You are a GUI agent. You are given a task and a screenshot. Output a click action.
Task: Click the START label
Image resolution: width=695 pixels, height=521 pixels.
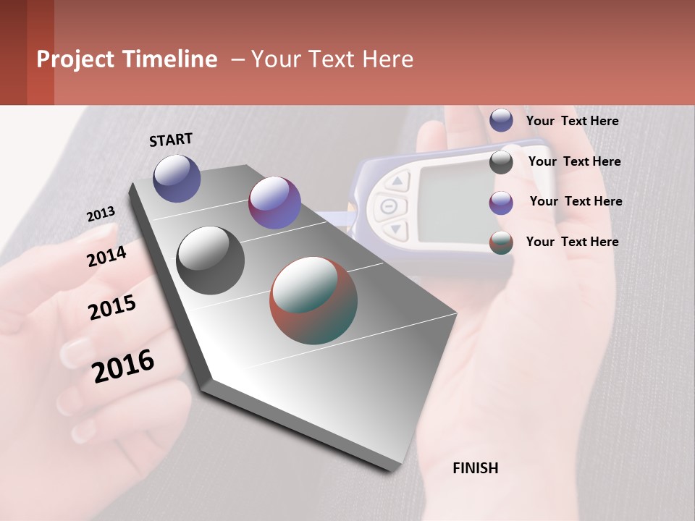pyautogui.click(x=171, y=140)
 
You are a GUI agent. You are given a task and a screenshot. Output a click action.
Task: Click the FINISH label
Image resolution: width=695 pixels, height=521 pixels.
pyautogui.click(x=475, y=468)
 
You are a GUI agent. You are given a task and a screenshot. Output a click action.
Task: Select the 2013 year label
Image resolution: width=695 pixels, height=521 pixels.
pyautogui.click(x=101, y=214)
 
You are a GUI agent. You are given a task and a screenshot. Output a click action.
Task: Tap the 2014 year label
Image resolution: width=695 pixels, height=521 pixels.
pyautogui.click(x=106, y=256)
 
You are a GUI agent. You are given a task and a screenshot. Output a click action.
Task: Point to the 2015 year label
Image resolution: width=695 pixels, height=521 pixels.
pyautogui.click(x=112, y=308)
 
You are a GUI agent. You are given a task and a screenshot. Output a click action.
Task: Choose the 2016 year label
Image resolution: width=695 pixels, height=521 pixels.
pyautogui.click(x=123, y=366)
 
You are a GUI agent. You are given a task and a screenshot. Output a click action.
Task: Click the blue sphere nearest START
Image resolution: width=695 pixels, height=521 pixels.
pyautogui.click(x=177, y=178)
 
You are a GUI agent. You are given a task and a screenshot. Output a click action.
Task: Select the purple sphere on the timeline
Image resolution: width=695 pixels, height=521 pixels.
pyautogui.click(x=274, y=203)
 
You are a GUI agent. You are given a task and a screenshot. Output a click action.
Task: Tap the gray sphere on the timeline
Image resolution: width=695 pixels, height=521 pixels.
pyautogui.click(x=210, y=260)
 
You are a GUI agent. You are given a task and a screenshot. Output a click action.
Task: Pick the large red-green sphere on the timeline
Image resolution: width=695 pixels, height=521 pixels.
pyautogui.click(x=313, y=300)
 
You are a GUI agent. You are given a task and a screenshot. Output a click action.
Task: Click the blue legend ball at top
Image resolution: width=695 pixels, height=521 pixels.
pyautogui.click(x=501, y=120)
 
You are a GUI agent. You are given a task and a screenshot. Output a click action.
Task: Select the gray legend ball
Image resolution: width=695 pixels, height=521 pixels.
pyautogui.click(x=501, y=162)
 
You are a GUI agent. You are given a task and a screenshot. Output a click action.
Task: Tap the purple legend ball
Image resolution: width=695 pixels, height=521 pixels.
pyautogui.click(x=501, y=203)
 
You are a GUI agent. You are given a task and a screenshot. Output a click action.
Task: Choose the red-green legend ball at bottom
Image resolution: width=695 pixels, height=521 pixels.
pyautogui.click(x=501, y=242)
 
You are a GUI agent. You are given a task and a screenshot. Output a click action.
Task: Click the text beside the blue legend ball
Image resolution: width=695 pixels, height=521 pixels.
pyautogui.click(x=572, y=121)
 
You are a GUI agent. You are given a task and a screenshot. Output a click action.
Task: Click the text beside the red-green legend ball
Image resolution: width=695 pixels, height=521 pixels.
pyautogui.click(x=572, y=242)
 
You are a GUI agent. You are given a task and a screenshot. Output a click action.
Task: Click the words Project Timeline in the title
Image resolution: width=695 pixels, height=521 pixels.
pyautogui.click(x=127, y=59)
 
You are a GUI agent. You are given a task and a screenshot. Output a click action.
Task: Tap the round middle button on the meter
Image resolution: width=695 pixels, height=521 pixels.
pyautogui.click(x=389, y=206)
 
